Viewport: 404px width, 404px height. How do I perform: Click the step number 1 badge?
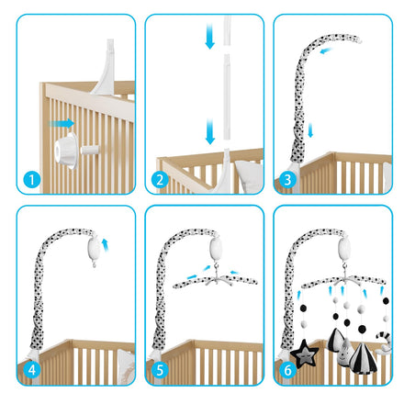click(x=32, y=180)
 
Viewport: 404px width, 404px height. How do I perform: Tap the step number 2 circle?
click(x=160, y=180)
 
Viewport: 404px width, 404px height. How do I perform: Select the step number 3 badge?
click(x=287, y=180)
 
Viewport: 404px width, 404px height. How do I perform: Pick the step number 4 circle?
click(x=32, y=370)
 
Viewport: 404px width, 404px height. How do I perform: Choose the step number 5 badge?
click(x=160, y=370)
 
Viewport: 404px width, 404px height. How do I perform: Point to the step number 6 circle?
click(x=287, y=370)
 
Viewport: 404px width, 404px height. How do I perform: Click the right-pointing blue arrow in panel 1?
click(x=62, y=123)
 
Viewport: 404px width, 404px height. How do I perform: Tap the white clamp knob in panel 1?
click(x=66, y=151)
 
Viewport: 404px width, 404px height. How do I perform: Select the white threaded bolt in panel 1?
click(x=90, y=150)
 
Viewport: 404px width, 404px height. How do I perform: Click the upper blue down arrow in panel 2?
click(x=209, y=36)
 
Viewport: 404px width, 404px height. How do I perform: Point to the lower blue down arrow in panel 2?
click(x=210, y=131)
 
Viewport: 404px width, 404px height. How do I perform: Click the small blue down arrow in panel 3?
click(x=310, y=130)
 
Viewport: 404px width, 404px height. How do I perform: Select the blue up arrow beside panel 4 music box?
click(x=106, y=245)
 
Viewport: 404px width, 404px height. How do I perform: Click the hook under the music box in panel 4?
click(x=94, y=264)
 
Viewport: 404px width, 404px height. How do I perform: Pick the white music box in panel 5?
click(x=217, y=249)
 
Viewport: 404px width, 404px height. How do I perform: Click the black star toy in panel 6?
click(x=304, y=353)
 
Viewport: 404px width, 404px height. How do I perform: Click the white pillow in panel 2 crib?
click(x=250, y=176)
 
